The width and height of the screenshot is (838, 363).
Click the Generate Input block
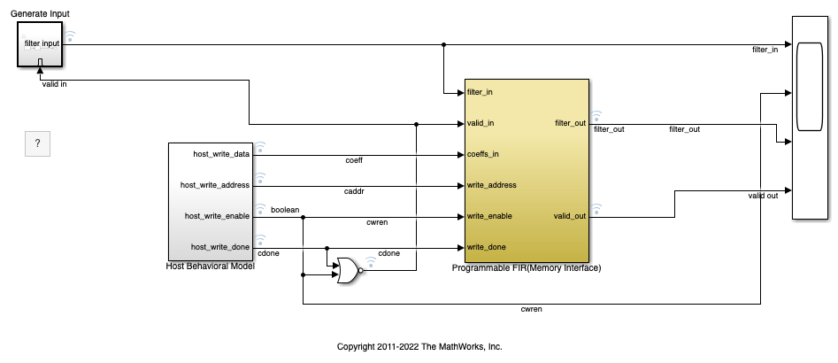(40, 44)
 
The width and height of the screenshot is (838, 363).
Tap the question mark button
(37, 143)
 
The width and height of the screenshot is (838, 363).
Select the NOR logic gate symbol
(349, 271)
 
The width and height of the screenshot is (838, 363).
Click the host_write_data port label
(221, 155)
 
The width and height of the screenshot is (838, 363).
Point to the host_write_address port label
(215, 186)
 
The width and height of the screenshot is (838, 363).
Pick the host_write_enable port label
(217, 217)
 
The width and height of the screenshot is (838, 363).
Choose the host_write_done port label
(220, 248)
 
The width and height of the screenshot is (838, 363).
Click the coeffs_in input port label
(482, 155)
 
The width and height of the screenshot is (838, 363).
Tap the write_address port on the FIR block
(492, 186)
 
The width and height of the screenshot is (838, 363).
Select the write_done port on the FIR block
(486, 248)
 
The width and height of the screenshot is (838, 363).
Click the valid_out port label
(570, 217)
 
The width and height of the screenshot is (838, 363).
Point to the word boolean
(285, 210)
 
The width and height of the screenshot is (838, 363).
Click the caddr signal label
(354, 191)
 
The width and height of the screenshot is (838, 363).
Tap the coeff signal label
(354, 160)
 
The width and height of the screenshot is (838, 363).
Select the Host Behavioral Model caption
(211, 266)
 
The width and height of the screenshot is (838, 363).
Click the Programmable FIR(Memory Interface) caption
(527, 268)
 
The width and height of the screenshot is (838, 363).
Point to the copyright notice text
(419, 346)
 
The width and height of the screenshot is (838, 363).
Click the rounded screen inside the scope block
(810, 87)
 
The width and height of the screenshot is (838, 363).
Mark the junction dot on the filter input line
(443, 45)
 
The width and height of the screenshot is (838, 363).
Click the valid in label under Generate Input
(55, 84)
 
